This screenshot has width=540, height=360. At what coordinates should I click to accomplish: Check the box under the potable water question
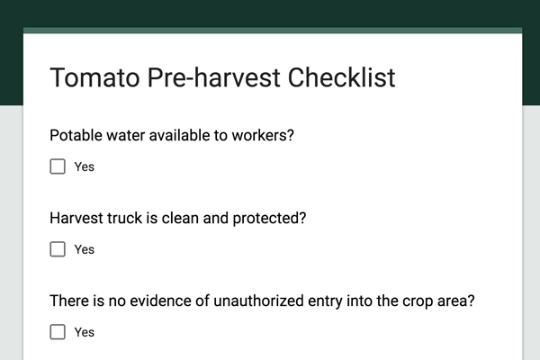58,166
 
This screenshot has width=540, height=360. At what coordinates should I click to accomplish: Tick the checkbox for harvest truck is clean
58,249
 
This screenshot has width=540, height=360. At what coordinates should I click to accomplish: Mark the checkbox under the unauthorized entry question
58,332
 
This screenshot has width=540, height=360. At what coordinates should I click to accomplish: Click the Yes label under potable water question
85,166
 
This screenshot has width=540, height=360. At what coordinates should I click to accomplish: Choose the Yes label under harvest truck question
85,249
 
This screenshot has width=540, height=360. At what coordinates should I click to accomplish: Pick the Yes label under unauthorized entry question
85,332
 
